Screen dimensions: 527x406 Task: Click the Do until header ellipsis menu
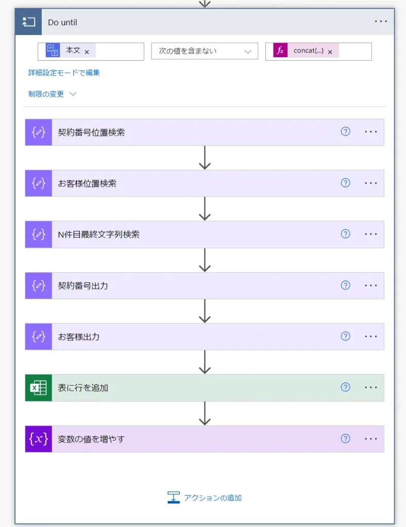[381, 22]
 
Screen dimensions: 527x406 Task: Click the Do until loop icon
[28, 22]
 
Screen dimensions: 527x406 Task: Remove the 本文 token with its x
[87, 51]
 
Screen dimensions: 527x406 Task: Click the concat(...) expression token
[308, 51]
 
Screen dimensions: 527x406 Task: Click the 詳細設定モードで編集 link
[64, 73]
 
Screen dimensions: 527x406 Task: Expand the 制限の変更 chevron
[73, 94]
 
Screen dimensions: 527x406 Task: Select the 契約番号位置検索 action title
[91, 132]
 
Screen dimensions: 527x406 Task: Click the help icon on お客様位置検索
[345, 183]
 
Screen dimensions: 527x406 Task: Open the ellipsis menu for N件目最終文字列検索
[371, 234]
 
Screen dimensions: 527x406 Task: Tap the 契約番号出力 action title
[83, 286]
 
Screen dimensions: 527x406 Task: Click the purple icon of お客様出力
[39, 337]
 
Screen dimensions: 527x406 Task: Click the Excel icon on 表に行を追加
[39, 388]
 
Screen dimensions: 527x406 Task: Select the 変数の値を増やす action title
[91, 439]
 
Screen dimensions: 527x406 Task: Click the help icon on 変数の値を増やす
[345, 438]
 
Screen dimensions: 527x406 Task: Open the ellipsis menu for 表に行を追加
[371, 388]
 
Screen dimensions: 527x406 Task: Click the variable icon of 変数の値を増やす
[39, 439]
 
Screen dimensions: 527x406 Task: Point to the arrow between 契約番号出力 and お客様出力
[205, 311]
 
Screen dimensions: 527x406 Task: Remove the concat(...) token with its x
[330, 51]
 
